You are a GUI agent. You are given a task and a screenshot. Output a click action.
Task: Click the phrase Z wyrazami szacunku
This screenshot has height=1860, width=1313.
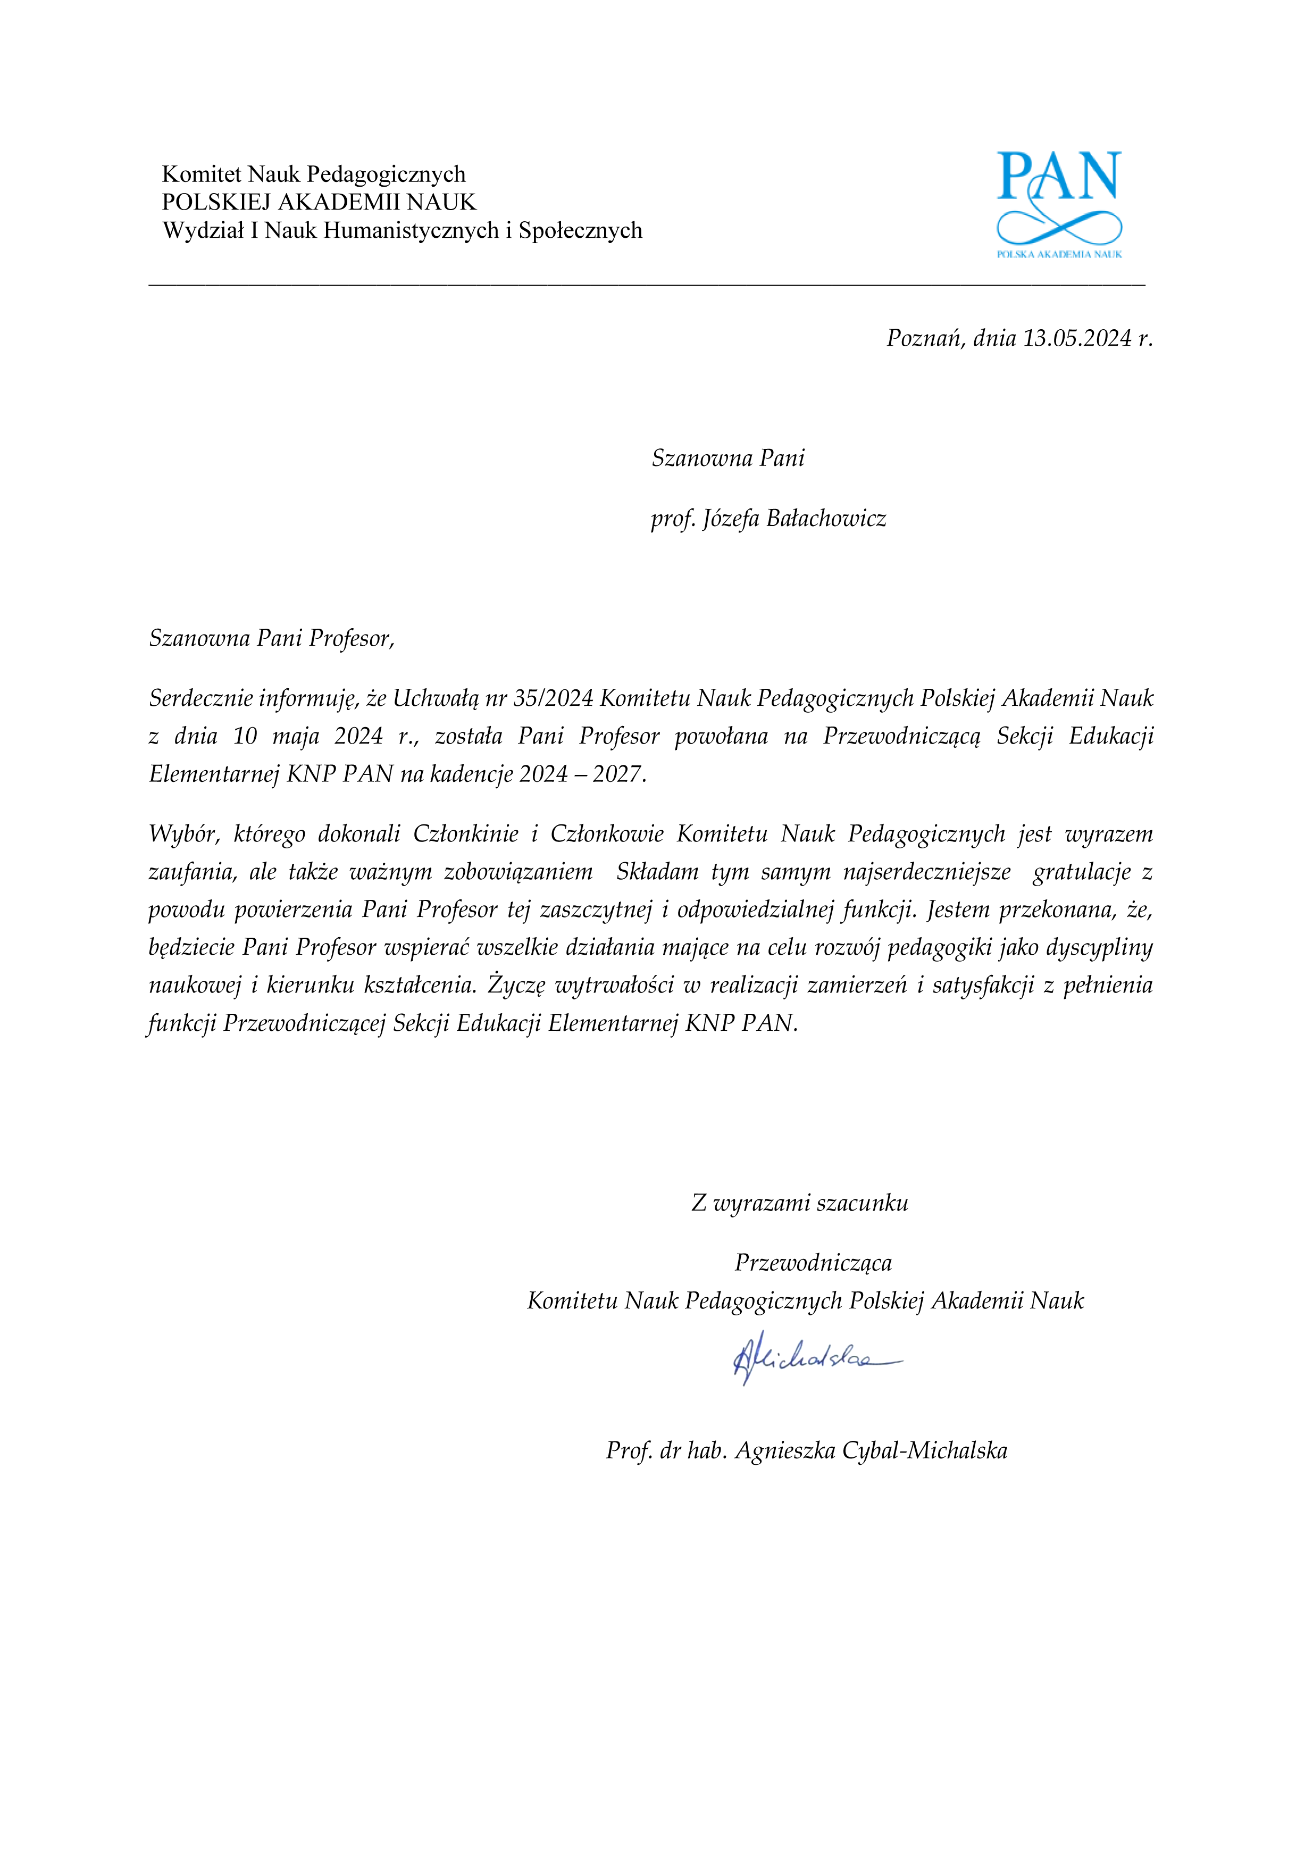coord(799,1203)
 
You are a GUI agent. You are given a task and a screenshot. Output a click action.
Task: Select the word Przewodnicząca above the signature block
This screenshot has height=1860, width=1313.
coord(813,1263)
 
